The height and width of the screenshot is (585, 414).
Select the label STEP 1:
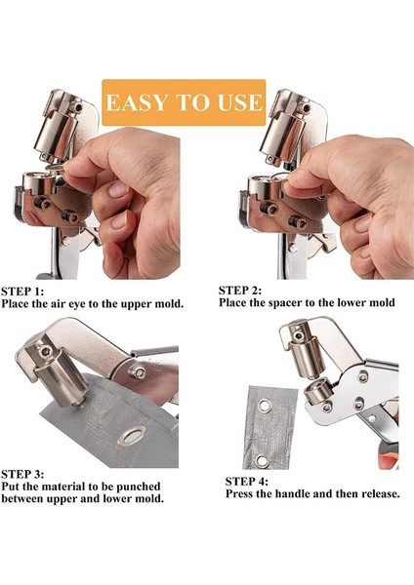23,291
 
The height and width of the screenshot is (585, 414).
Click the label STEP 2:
241,290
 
